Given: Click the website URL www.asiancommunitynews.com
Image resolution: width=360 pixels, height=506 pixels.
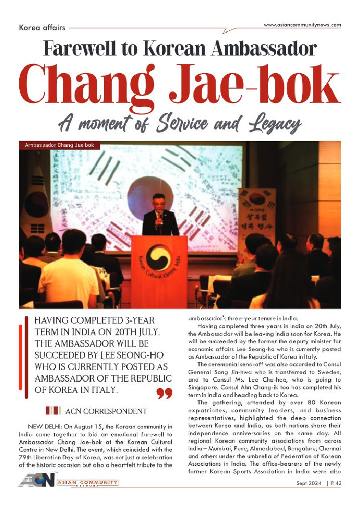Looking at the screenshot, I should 302,25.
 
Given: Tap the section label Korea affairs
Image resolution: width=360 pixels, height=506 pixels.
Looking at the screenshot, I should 42,27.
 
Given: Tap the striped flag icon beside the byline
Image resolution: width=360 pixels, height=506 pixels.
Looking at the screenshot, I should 52,411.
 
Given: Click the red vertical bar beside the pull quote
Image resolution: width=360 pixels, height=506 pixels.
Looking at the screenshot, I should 21,359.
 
